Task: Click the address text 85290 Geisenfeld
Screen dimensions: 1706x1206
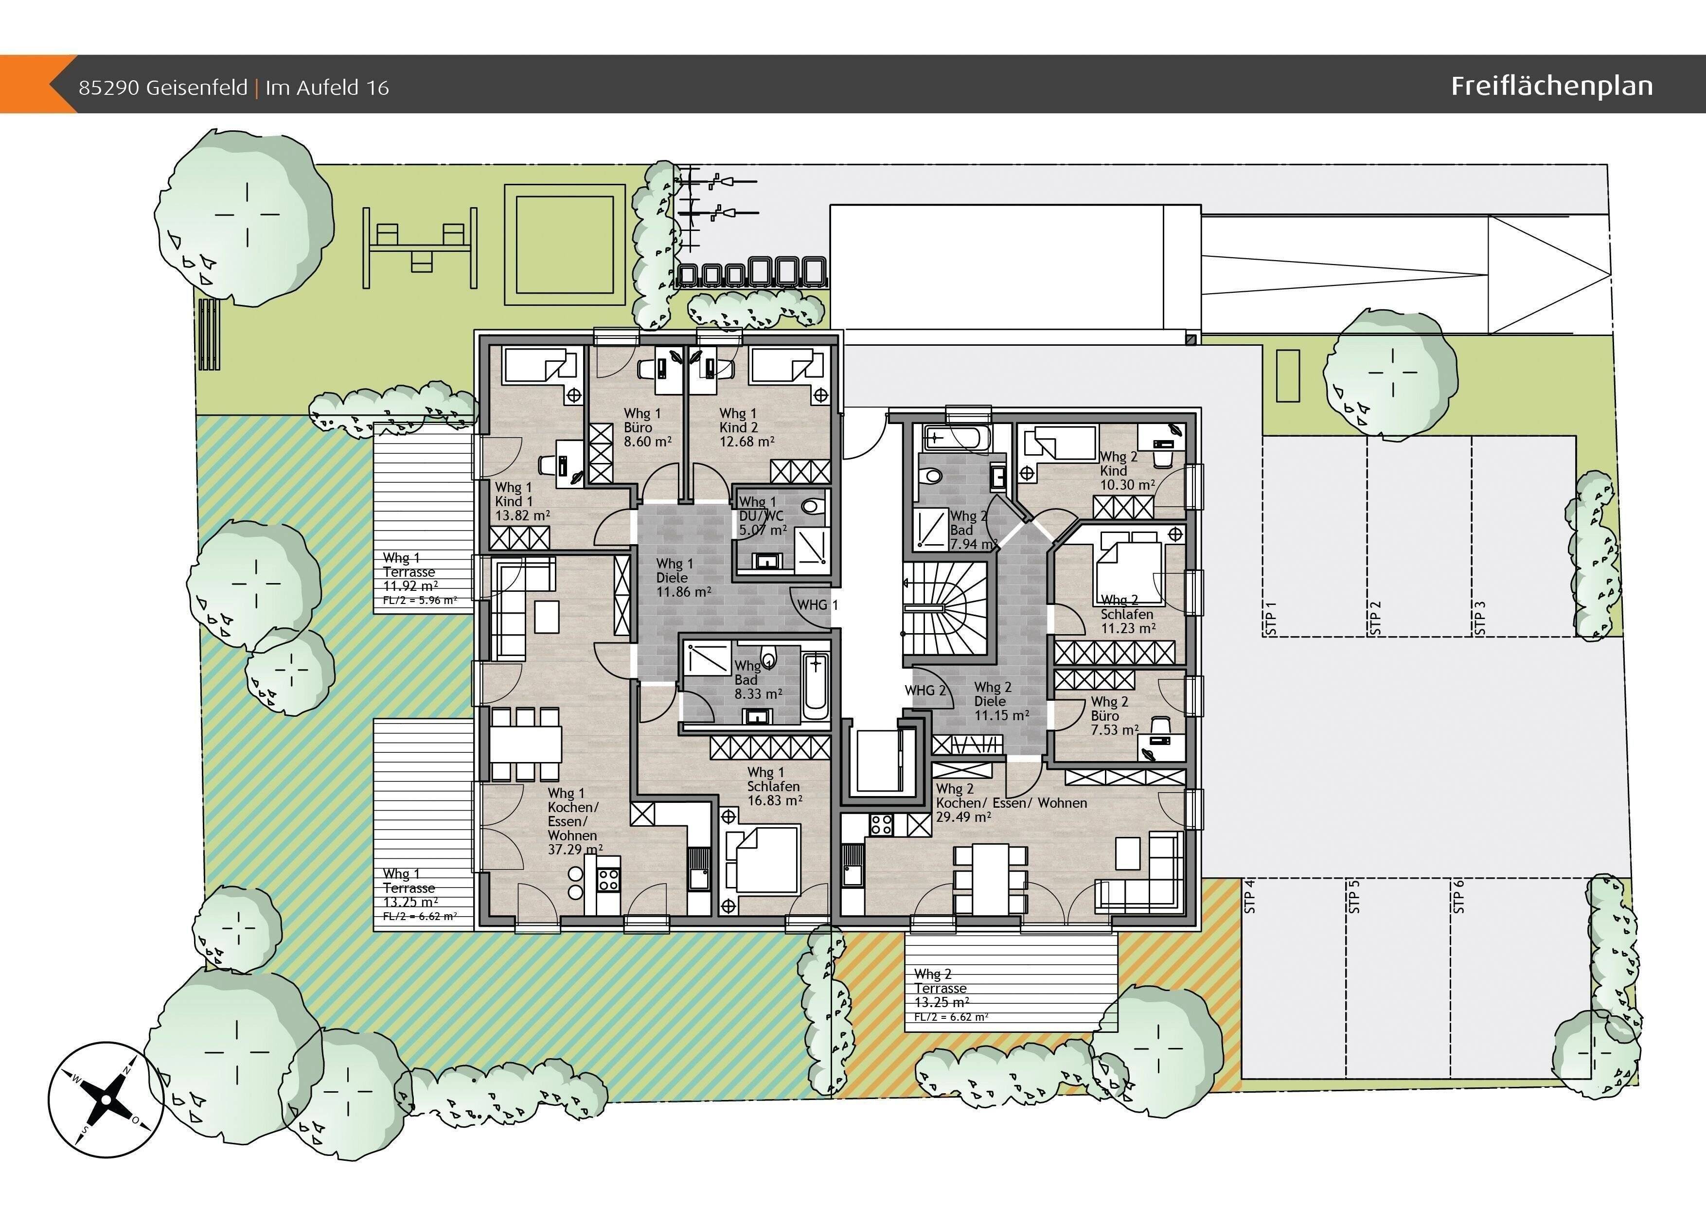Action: pyautogui.click(x=163, y=88)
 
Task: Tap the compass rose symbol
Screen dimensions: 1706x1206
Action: pyautogui.click(x=106, y=1099)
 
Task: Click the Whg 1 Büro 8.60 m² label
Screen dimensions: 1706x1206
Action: pyautogui.click(x=647, y=427)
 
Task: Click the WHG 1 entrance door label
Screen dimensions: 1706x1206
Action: pyautogui.click(x=817, y=605)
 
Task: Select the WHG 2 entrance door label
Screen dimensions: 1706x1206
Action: pyautogui.click(x=925, y=691)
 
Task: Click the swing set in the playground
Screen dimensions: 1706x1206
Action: pyautogui.click(x=420, y=248)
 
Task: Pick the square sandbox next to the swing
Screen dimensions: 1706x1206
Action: pyautogui.click(x=565, y=245)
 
